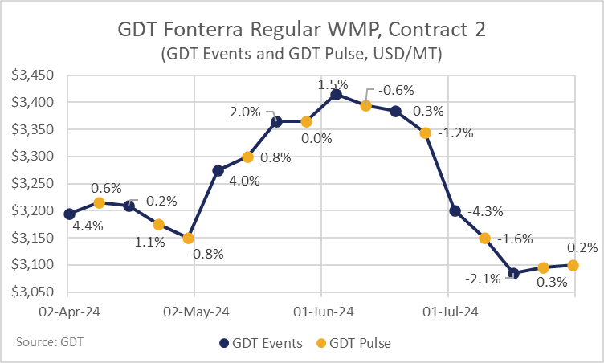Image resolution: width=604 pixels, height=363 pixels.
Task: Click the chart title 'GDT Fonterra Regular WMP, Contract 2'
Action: click(x=301, y=30)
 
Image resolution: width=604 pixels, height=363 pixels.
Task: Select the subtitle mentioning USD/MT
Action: click(x=301, y=54)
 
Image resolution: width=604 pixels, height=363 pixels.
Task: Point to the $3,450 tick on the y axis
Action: click(x=32, y=75)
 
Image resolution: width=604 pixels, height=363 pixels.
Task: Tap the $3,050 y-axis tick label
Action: click(x=32, y=292)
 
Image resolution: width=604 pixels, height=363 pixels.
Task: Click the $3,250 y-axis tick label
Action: click(x=32, y=183)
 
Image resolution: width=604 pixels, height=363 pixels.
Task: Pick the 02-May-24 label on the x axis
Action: click(x=196, y=312)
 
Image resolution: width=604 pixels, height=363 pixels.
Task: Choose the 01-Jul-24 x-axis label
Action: click(x=451, y=312)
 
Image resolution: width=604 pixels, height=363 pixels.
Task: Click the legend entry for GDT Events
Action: click(x=261, y=343)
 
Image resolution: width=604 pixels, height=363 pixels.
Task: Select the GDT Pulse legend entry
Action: click(x=353, y=343)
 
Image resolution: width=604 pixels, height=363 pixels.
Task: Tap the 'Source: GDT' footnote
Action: click(x=50, y=342)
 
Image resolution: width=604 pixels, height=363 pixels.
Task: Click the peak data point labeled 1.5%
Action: click(x=336, y=95)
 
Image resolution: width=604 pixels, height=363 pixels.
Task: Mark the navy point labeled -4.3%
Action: click(x=455, y=210)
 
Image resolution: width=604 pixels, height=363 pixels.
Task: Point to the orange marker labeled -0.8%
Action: click(x=189, y=239)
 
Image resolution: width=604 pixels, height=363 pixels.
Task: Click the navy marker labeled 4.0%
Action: click(x=218, y=171)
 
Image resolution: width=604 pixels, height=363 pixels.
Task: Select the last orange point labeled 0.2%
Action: click(x=573, y=266)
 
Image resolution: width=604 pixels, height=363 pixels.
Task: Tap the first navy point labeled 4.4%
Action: click(x=69, y=214)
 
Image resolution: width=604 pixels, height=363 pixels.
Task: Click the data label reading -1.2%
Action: click(x=455, y=133)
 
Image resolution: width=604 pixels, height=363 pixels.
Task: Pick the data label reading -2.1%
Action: click(x=483, y=279)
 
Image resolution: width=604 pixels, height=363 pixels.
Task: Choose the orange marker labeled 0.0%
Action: click(x=306, y=122)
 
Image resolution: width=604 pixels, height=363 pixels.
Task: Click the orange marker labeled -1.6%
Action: click(x=484, y=239)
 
